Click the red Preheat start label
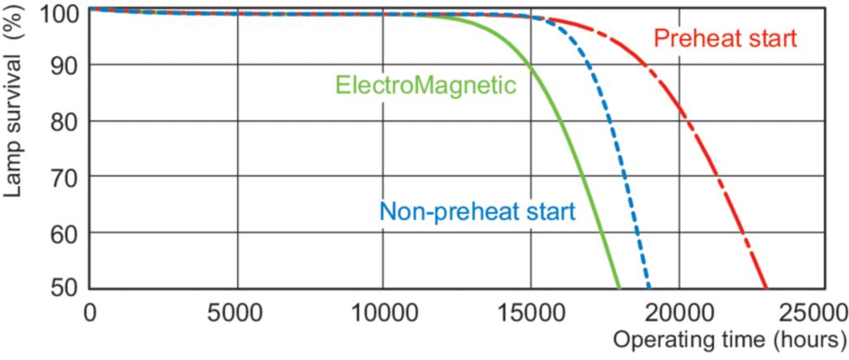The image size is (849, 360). [x=725, y=39]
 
